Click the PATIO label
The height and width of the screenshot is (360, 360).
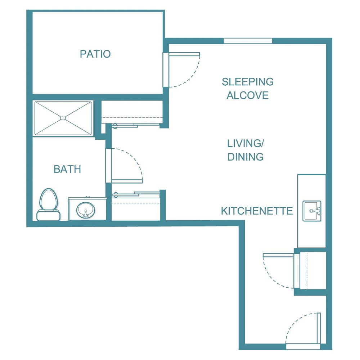[95, 54]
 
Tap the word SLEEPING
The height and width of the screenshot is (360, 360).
[247, 82]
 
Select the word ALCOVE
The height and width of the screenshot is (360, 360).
[247, 95]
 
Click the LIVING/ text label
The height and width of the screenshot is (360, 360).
[245, 143]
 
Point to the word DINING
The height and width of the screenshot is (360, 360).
[245, 157]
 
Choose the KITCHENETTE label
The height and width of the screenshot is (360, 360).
[257, 211]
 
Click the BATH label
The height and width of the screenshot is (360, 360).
[67, 169]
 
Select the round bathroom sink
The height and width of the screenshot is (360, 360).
[86, 209]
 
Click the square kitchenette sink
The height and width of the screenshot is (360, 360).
[312, 211]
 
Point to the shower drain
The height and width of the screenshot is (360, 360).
[63, 118]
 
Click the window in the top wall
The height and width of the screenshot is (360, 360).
[248, 41]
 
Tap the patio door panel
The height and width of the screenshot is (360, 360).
[166, 69]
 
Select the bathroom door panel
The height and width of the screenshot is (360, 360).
[108, 166]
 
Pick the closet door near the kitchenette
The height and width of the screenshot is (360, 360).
[297, 270]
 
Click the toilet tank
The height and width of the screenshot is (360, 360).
[48, 215]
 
